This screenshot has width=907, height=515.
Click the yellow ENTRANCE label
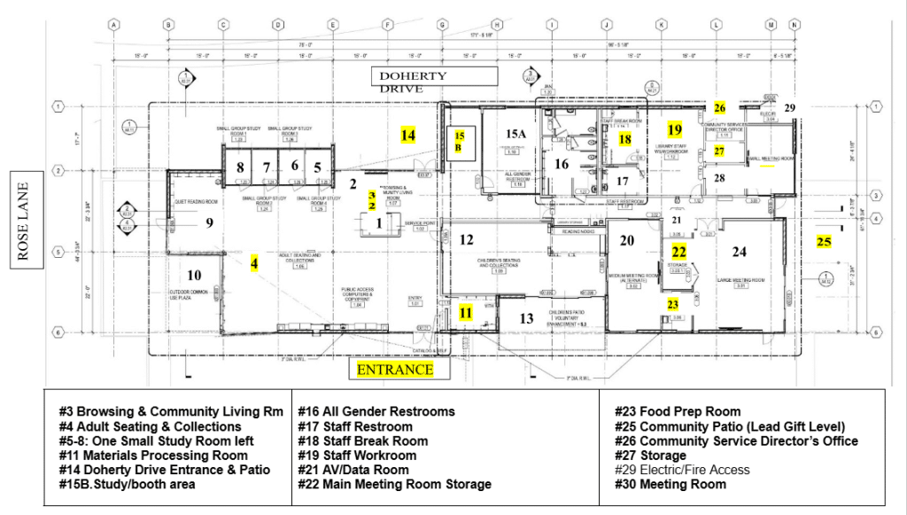(x=395, y=370)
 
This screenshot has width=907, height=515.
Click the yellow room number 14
(x=407, y=136)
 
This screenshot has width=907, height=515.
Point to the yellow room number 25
(x=824, y=240)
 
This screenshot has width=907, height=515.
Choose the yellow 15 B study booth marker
(x=460, y=141)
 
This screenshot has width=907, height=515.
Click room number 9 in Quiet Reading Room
(x=209, y=222)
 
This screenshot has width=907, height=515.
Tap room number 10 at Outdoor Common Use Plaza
(x=194, y=275)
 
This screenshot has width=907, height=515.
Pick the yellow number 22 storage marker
(x=678, y=252)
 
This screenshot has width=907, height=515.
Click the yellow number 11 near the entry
(x=466, y=312)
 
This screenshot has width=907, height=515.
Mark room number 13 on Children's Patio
(x=526, y=319)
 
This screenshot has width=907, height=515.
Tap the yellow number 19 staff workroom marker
(x=675, y=129)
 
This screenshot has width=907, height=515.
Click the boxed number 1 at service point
(x=380, y=223)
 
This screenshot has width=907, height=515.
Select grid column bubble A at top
(x=113, y=25)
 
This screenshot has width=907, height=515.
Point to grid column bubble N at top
(x=795, y=25)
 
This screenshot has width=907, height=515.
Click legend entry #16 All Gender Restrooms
(x=380, y=411)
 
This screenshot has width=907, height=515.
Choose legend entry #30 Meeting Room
(x=671, y=484)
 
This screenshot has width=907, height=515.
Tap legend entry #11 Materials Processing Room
(x=153, y=455)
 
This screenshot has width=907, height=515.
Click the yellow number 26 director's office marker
(x=720, y=108)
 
